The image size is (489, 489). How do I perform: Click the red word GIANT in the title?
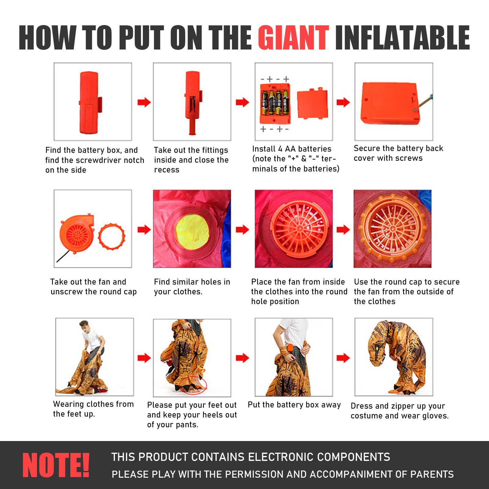(x=293, y=38)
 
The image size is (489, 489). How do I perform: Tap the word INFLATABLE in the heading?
(x=403, y=38)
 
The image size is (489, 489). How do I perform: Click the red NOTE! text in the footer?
(x=56, y=465)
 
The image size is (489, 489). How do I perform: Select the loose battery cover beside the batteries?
(x=312, y=104)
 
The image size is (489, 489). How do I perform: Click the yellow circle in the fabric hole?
(x=192, y=229)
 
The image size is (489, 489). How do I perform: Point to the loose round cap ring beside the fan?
(x=112, y=237)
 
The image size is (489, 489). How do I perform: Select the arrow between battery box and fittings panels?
(x=144, y=102)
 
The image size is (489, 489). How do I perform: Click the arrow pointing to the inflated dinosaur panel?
(x=343, y=358)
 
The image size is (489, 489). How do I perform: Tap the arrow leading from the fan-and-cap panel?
(x=144, y=230)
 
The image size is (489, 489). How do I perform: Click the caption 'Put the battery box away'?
(x=294, y=405)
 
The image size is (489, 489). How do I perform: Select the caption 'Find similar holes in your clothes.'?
(x=192, y=287)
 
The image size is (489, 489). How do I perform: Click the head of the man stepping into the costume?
(x=84, y=325)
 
